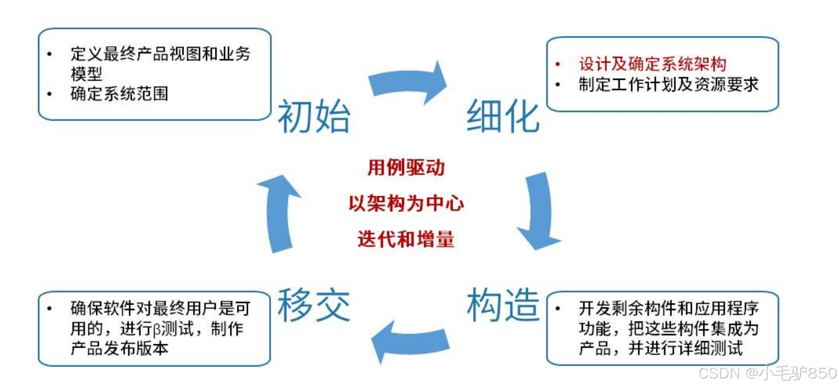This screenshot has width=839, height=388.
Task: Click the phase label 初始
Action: coord(314,116)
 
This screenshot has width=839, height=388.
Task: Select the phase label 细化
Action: coord(503,116)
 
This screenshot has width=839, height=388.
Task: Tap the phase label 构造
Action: coord(503,305)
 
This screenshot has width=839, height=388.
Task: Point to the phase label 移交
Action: coord(314,305)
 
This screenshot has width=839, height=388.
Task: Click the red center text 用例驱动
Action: coord(406,167)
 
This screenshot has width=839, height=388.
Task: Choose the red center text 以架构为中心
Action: coord(406,203)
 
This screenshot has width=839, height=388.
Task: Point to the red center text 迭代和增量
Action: coord(406,239)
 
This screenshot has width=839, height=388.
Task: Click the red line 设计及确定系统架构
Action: coord(652,64)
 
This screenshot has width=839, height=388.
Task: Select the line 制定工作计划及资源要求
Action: coord(668,85)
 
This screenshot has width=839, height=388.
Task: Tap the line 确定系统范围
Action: coord(119,94)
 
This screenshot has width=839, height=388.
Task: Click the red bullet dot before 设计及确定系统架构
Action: coord(558,64)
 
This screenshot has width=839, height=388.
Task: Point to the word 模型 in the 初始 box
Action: coord(86,74)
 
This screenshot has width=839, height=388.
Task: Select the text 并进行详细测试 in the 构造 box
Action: coord(685,348)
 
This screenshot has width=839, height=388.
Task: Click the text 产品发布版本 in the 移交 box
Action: coord(119,348)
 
